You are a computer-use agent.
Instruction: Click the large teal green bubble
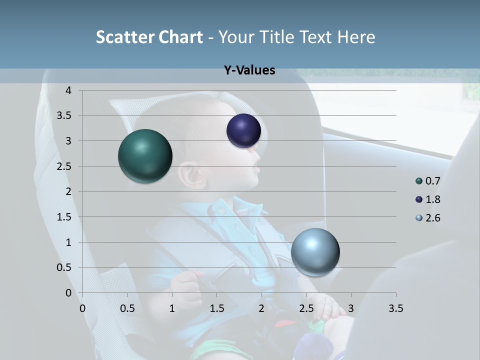[145, 156]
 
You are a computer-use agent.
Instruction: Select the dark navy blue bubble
[243, 130]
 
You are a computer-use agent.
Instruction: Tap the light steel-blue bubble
[315, 252]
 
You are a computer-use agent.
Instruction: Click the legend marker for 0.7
[419, 181]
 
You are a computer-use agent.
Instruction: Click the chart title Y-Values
[249, 70]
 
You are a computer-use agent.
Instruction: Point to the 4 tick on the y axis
[68, 90]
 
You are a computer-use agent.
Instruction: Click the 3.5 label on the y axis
[64, 116]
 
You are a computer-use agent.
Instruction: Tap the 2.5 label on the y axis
[64, 166]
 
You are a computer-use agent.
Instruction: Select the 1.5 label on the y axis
[64, 217]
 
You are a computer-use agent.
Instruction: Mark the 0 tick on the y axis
[68, 293]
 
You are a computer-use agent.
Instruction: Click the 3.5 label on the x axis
[395, 308]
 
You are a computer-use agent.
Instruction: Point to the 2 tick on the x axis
[261, 308]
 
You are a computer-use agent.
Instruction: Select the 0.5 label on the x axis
[127, 308]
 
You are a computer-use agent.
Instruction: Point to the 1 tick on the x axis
[172, 308]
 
